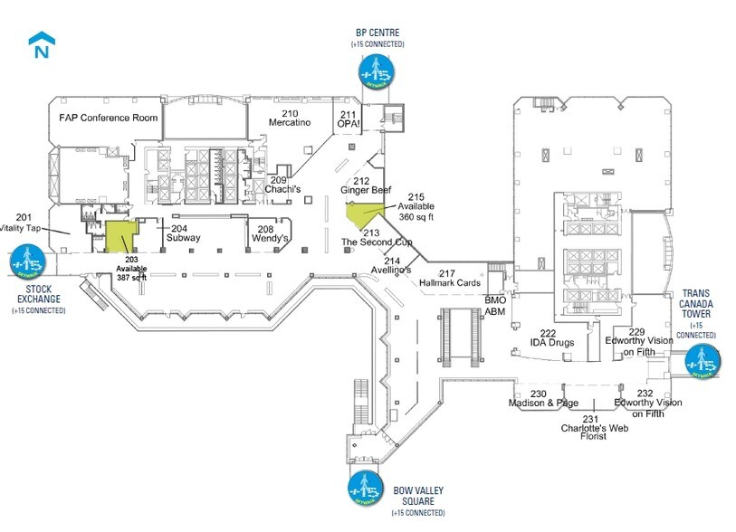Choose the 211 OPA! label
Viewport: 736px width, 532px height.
point(350,119)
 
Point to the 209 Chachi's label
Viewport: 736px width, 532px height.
point(282,185)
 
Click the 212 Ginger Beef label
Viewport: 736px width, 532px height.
point(365,185)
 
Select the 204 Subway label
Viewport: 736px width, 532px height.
point(182,233)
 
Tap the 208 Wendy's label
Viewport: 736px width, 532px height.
point(272,233)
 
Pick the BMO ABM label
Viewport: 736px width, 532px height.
point(495,306)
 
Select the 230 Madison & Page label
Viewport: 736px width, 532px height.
point(542,398)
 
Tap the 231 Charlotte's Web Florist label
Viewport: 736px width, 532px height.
point(593,428)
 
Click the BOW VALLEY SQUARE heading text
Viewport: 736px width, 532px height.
point(418,496)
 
